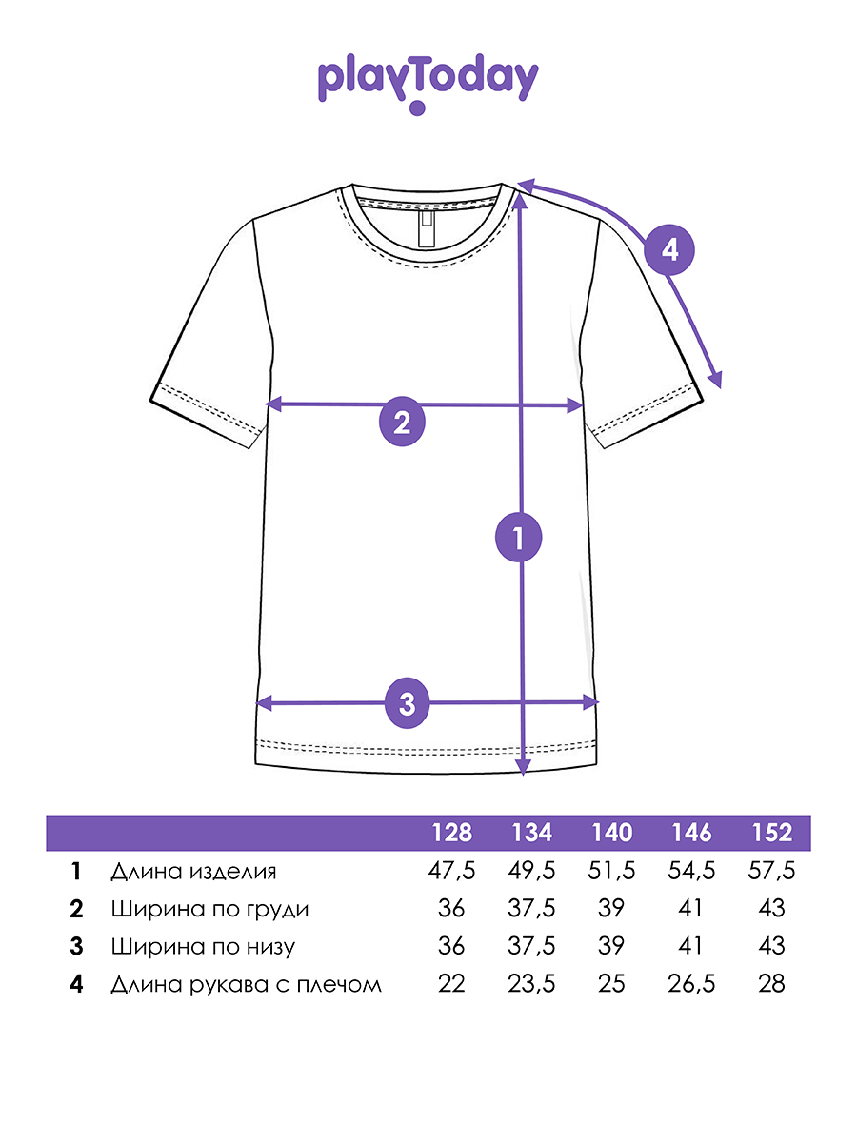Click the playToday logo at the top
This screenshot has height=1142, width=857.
point(428,81)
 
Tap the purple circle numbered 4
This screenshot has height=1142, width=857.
point(669,250)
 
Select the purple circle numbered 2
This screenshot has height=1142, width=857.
point(402,422)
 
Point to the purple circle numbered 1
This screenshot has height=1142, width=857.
point(519,539)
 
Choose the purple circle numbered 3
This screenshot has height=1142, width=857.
point(408,704)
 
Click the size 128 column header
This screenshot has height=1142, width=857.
point(452,833)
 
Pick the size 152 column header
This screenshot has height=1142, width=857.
point(771,833)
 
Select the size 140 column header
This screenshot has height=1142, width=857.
point(611,833)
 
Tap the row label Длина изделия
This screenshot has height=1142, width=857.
point(193,872)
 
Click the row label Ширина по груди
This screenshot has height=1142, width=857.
point(209,909)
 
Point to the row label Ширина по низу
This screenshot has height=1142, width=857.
point(203,947)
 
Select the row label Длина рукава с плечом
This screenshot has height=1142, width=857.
point(246,984)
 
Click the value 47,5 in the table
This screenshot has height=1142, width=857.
point(452,871)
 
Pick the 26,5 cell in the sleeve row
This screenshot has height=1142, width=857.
point(691,984)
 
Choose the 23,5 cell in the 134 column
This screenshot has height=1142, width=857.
point(532,984)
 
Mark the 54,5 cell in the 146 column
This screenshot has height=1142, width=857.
point(691,871)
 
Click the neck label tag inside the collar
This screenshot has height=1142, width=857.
point(426,228)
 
